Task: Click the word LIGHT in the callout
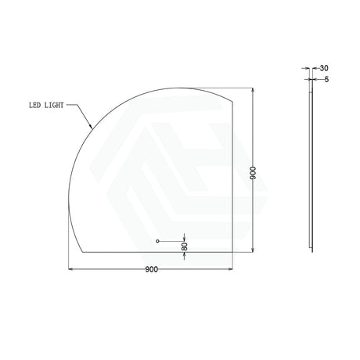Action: [54, 105]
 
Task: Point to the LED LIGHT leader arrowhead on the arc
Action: [91, 127]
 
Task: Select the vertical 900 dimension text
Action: [253, 173]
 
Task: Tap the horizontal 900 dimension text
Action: [152, 269]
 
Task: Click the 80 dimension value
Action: [185, 247]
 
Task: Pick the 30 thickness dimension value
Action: [324, 68]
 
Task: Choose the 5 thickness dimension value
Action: [326, 79]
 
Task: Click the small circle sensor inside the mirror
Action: [157, 241]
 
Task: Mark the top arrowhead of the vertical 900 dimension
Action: [253, 90]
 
